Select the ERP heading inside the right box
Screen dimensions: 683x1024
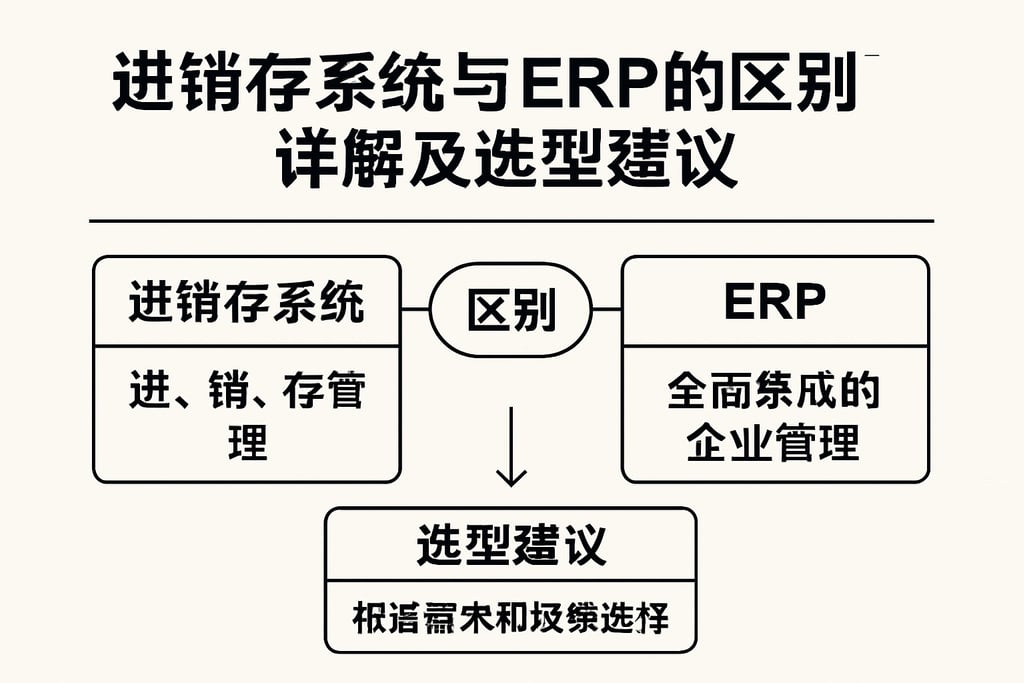click(775, 303)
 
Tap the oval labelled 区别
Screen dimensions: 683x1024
click(511, 311)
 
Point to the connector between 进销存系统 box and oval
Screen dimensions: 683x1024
click(415, 310)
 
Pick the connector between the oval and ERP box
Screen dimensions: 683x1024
click(607, 310)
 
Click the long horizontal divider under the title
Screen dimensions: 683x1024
click(511, 220)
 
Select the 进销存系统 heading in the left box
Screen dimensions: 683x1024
click(246, 303)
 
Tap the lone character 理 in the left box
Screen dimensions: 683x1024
click(247, 440)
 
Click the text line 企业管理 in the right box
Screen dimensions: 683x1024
click(774, 441)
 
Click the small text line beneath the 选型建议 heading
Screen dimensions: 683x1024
click(511, 618)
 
